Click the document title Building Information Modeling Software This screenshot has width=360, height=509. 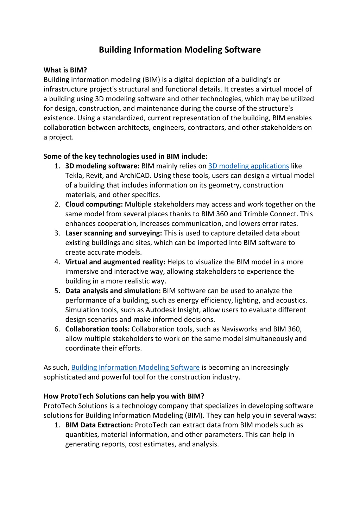point(179,50)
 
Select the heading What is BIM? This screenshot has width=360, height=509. point(65,70)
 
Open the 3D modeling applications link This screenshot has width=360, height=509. point(248,166)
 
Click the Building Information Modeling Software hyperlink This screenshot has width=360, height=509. point(135,368)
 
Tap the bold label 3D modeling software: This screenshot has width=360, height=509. point(102,166)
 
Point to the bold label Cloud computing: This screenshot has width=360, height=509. point(94,204)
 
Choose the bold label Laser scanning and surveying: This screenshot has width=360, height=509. point(114,233)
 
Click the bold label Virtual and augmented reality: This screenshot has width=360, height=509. point(115,262)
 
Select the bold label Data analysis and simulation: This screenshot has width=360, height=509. point(113,291)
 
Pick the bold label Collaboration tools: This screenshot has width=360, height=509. point(97,329)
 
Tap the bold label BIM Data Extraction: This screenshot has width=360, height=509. point(99,425)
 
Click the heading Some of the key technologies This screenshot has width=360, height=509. point(125,157)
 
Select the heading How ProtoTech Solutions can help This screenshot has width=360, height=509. point(124,396)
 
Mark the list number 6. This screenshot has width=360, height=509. point(57,329)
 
